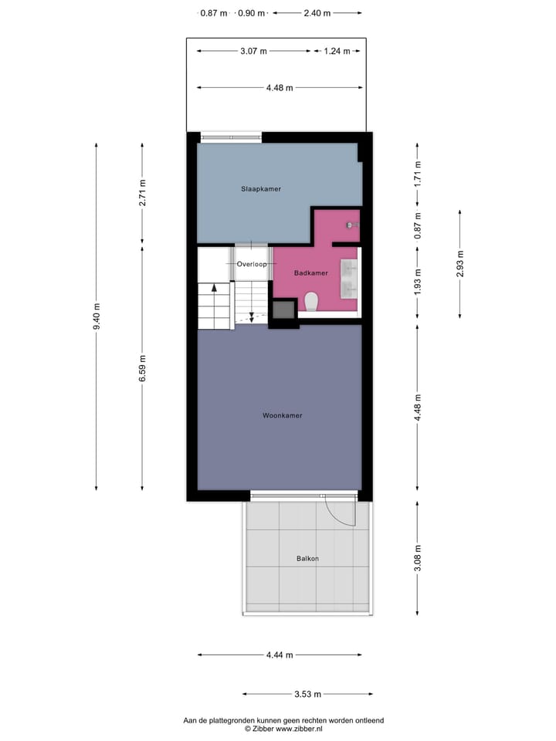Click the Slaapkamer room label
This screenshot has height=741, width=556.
[x=260, y=188]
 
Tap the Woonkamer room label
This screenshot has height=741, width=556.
[x=282, y=415]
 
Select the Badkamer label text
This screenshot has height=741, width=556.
[x=312, y=273]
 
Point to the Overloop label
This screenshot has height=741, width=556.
[x=252, y=264]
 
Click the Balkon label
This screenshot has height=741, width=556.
[x=307, y=559]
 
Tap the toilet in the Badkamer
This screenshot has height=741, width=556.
[x=312, y=300]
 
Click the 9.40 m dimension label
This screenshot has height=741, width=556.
[x=97, y=316]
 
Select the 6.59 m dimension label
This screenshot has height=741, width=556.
[x=142, y=369]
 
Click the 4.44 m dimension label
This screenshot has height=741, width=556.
[x=279, y=655]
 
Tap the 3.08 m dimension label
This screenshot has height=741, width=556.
[x=418, y=558]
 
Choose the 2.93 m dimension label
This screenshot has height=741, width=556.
[x=460, y=264]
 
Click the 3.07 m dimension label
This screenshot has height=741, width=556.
[x=253, y=51]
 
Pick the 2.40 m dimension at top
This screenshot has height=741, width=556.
[x=317, y=12]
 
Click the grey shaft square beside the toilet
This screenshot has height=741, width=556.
[x=283, y=310]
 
